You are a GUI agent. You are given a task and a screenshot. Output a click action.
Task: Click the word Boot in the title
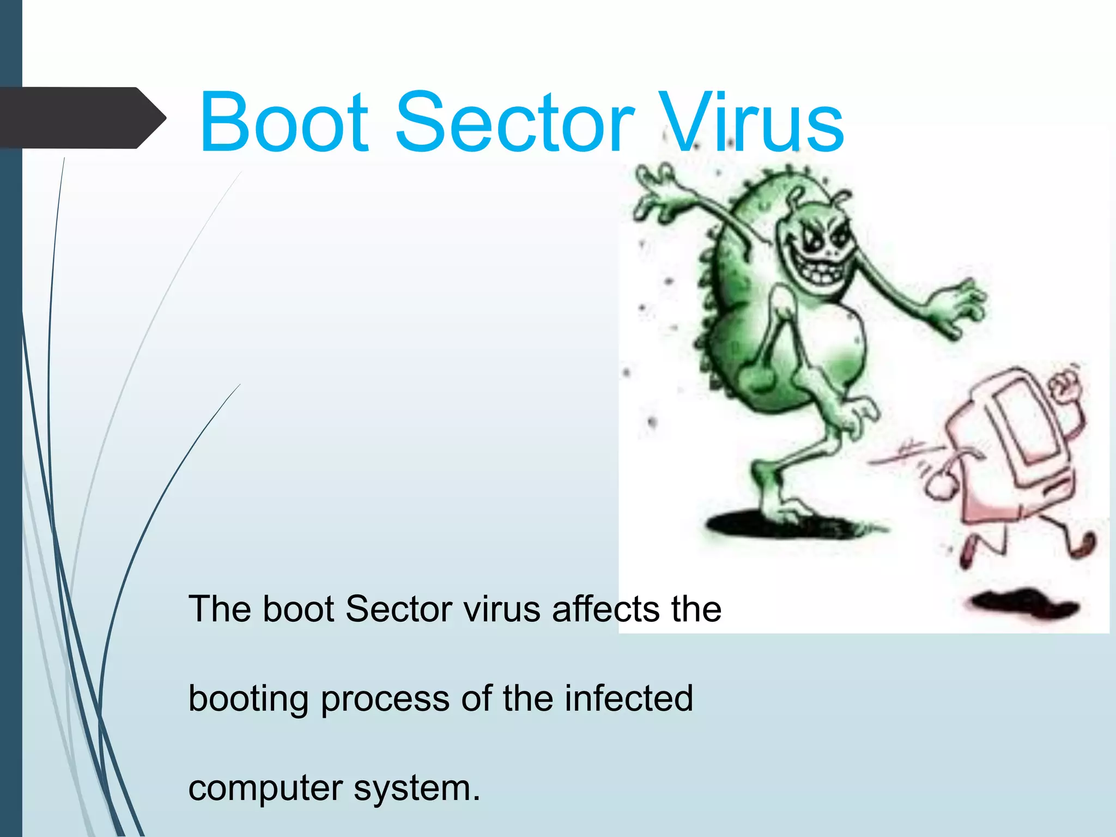(x=284, y=123)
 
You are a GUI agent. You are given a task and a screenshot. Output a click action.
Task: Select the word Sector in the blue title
(x=514, y=123)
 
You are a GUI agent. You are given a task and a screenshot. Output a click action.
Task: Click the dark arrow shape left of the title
(x=82, y=118)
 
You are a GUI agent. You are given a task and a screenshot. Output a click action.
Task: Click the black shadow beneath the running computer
(x=1024, y=605)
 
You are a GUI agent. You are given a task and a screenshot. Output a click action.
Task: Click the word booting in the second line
(x=248, y=699)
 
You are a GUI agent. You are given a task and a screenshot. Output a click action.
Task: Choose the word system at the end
(x=417, y=789)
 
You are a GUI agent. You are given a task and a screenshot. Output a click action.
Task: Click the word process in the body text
(x=385, y=700)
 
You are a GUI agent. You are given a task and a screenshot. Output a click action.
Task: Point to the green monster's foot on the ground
(x=785, y=510)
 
